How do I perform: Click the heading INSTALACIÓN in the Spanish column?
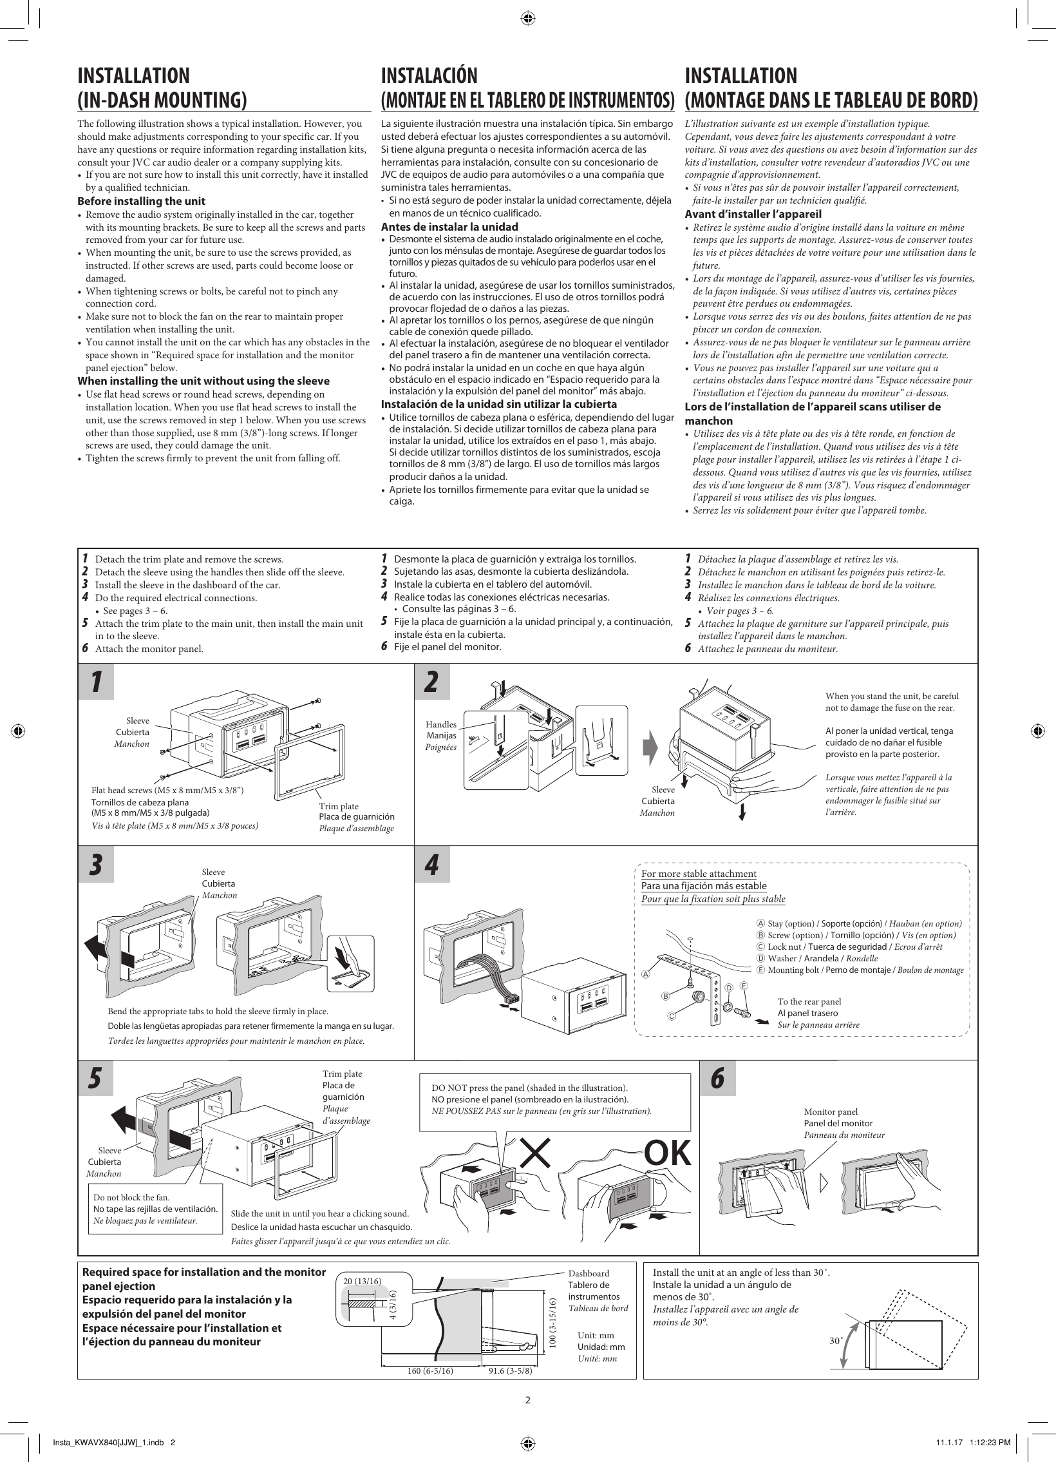tap(429, 76)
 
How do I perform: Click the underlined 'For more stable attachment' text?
tap(699, 874)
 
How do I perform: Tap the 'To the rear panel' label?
tap(809, 1001)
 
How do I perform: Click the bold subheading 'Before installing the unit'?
tap(141, 201)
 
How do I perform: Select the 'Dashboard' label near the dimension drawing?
tap(588, 1273)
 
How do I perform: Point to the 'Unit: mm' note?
tap(596, 1335)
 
